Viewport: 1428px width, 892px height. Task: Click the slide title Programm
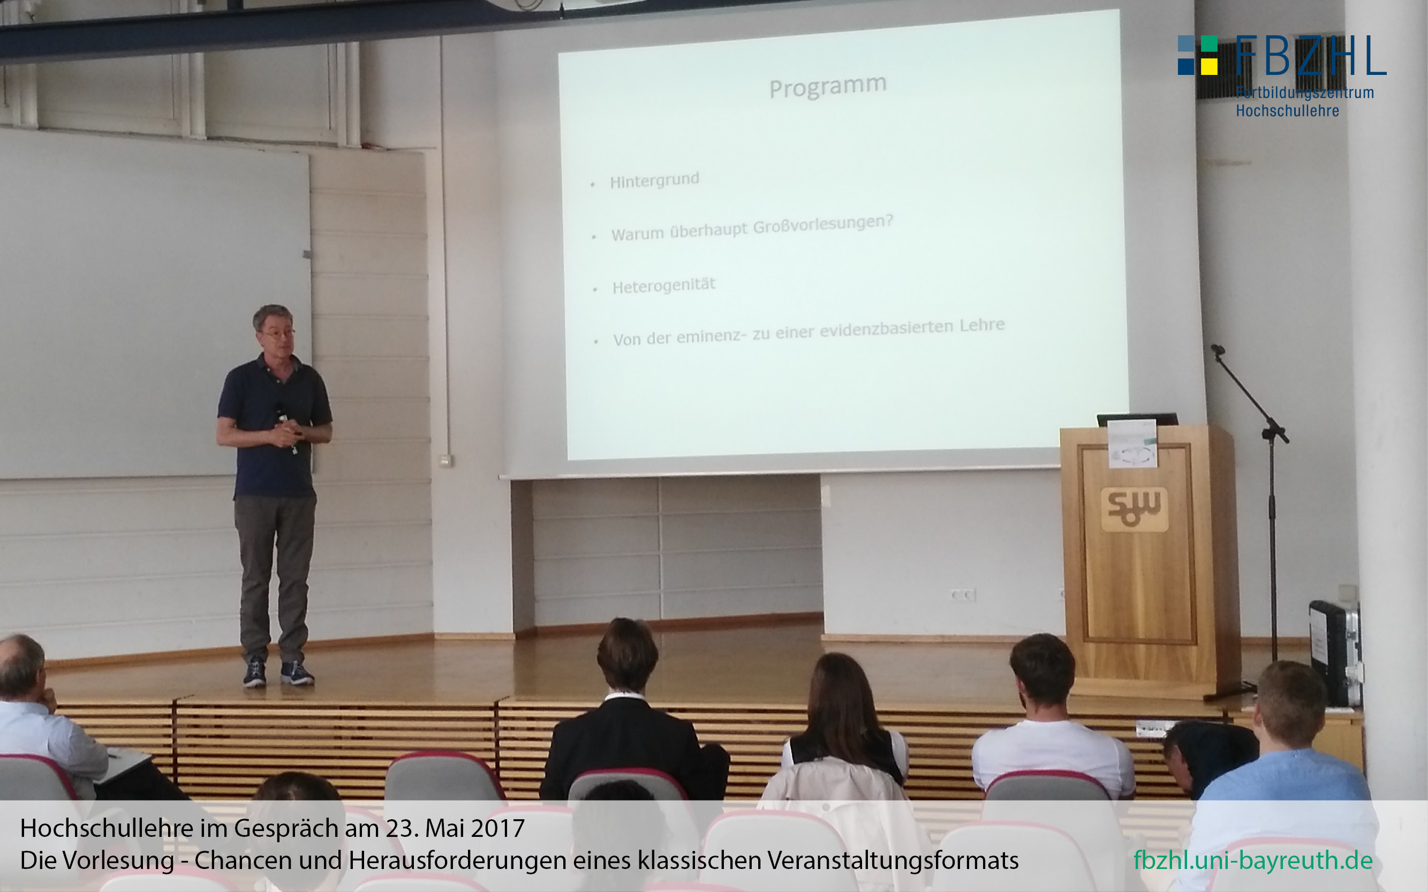(828, 86)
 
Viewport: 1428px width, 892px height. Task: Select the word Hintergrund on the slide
(655, 180)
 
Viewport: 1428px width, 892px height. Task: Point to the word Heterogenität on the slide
(663, 286)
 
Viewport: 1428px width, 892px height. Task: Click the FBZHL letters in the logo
(1311, 56)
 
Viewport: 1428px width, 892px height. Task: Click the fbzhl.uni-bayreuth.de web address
(1253, 860)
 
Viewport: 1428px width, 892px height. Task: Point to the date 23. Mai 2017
(455, 828)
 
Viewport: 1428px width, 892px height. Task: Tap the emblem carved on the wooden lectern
(1134, 508)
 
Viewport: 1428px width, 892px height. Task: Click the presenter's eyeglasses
(277, 334)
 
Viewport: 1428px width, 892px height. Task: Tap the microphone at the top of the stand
(1217, 350)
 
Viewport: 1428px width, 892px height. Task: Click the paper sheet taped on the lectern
(1132, 443)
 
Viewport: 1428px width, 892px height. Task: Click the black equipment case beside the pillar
(1335, 652)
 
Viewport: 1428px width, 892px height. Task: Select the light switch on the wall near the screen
(447, 460)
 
